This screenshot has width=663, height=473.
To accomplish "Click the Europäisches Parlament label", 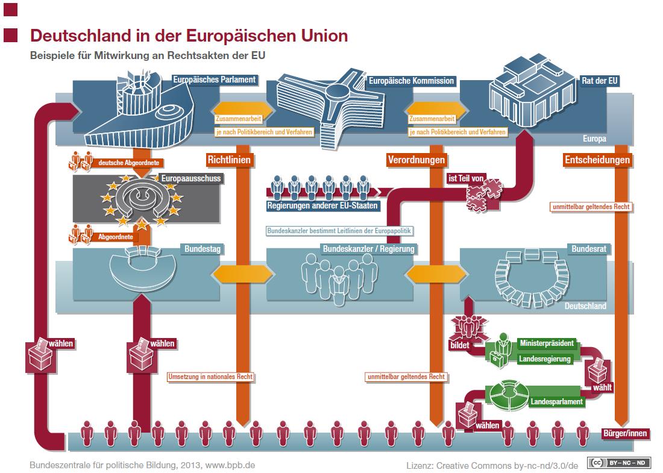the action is (x=214, y=80).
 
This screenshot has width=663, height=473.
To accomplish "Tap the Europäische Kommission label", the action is (x=411, y=81).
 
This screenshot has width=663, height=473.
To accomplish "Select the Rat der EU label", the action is (x=600, y=81).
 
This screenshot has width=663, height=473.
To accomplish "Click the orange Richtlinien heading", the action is (x=229, y=160).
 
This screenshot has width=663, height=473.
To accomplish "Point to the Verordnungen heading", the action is (x=416, y=160).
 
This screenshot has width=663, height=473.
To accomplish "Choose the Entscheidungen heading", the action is (x=597, y=160).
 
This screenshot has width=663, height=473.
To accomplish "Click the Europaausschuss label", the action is (x=191, y=178).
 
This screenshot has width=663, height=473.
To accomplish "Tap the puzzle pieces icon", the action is (x=484, y=195).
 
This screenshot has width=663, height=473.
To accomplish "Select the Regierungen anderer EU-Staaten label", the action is (x=322, y=206).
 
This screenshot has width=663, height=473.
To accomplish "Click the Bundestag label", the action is (x=203, y=249).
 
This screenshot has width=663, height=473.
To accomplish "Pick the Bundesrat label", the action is (x=589, y=249).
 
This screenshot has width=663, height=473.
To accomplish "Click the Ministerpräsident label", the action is (x=547, y=343).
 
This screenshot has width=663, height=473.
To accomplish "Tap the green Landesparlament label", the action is (x=556, y=401).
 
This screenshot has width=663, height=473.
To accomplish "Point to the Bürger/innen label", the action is (x=625, y=433).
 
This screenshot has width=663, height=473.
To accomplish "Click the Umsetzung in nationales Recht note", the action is (x=210, y=377).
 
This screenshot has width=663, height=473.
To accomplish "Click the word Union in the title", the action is (x=325, y=36).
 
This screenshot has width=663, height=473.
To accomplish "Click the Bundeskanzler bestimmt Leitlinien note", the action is (x=339, y=231).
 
